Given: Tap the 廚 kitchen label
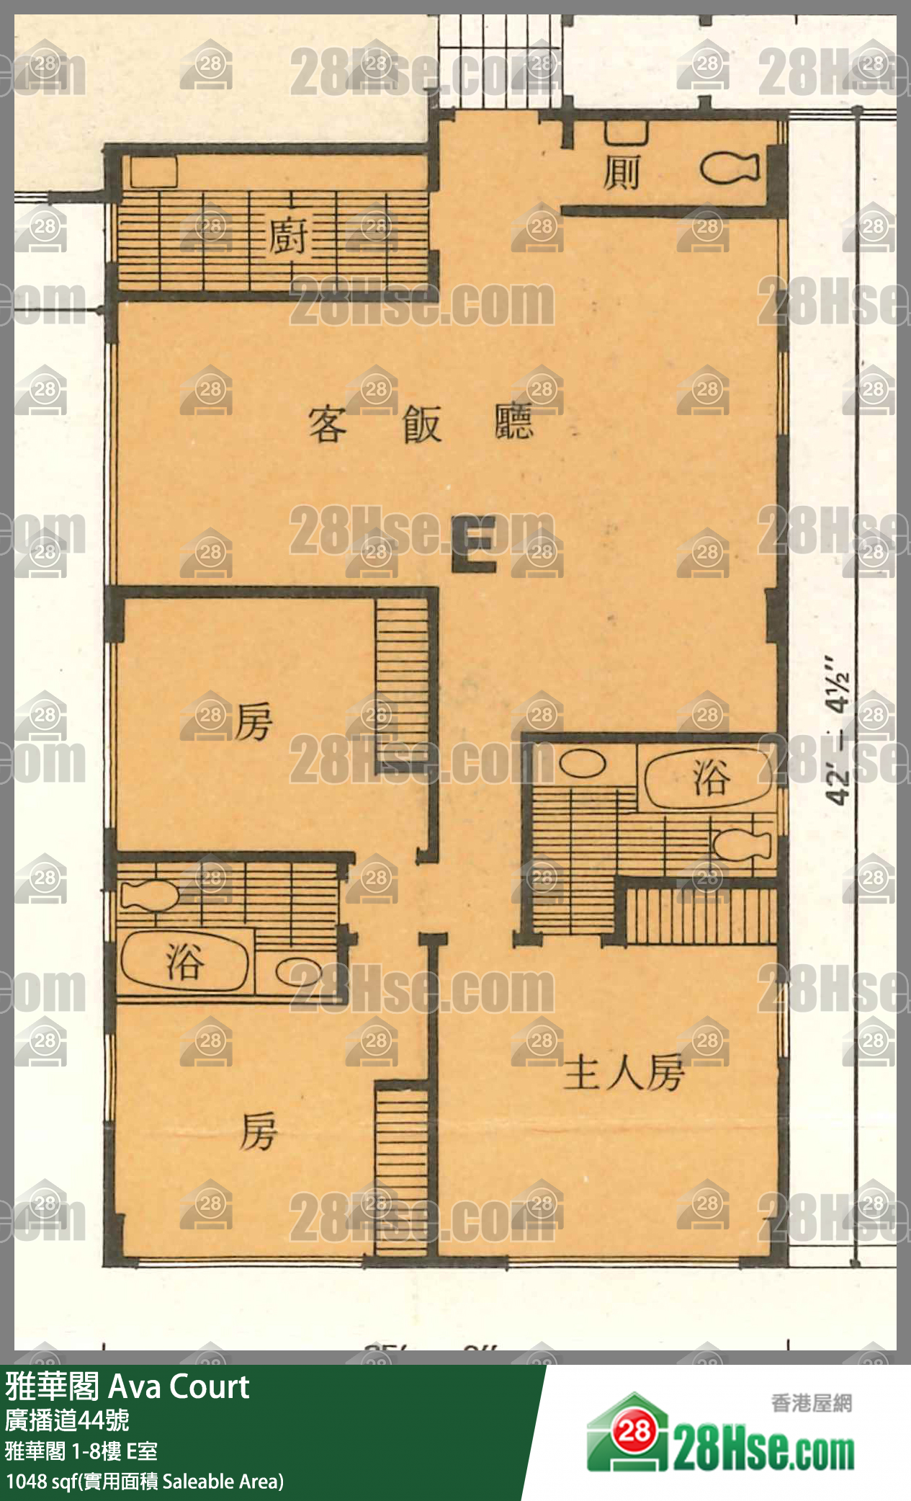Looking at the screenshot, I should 287,236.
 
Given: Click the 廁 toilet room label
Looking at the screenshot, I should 621,173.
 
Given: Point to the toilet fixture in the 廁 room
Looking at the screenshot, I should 729,169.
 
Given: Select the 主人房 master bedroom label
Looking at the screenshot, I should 624,1073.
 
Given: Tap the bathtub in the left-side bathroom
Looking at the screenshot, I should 184,962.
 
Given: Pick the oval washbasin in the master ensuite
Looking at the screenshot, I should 583,764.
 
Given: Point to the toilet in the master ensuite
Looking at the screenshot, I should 742,844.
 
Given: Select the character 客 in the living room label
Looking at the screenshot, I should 328,424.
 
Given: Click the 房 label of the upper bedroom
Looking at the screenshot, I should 253,721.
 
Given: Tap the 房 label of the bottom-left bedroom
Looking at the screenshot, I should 258,1131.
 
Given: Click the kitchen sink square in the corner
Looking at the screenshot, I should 153,172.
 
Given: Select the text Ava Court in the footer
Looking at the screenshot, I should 178,1386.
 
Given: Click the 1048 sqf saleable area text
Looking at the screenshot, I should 144,1482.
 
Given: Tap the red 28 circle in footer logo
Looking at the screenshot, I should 634,1431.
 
